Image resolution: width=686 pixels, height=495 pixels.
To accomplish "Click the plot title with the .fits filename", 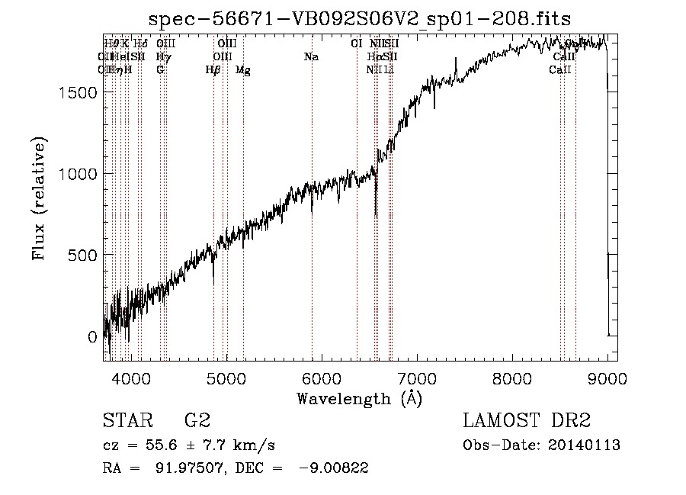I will click(361, 18).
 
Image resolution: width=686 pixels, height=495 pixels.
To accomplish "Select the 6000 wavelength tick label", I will click(322, 378).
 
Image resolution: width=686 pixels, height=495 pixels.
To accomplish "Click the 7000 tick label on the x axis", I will click(417, 378).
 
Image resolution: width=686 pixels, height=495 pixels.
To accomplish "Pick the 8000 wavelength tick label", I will click(512, 378).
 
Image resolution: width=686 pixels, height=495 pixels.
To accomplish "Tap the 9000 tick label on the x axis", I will click(607, 378).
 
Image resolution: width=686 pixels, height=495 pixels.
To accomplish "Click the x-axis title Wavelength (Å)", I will click(360, 398).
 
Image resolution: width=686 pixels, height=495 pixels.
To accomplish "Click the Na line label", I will click(311, 56).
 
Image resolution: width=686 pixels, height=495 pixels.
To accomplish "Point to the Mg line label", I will click(242, 70).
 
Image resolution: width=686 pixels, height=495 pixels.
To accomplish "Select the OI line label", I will click(356, 43).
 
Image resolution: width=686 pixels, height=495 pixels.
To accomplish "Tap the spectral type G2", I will click(197, 420).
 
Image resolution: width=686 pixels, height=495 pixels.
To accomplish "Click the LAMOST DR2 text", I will click(527, 420).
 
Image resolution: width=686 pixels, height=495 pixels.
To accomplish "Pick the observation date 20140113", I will click(585, 445).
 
